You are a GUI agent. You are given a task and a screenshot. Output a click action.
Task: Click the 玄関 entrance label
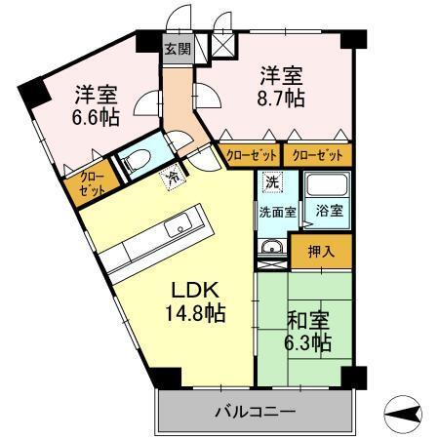177,50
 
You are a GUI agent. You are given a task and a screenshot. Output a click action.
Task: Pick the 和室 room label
308,319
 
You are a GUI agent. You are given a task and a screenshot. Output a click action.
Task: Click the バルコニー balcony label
254,413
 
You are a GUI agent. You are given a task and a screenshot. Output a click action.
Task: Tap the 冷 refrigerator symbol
173,178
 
